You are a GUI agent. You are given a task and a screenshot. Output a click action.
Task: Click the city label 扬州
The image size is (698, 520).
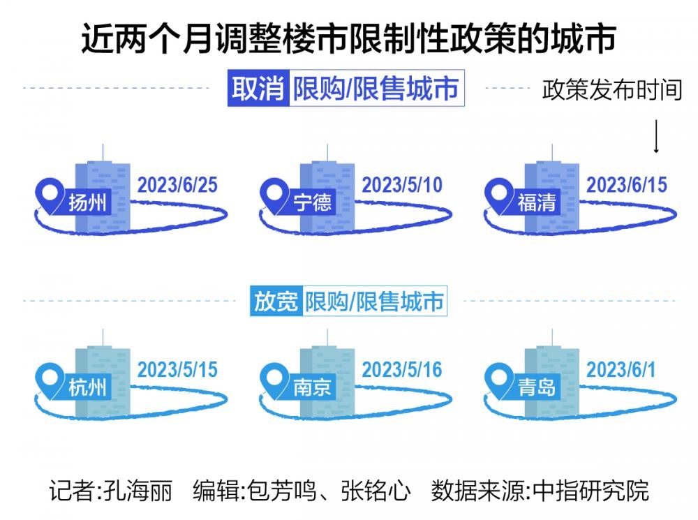tap(88, 202)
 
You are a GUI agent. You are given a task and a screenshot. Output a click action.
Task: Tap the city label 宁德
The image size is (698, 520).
tap(312, 202)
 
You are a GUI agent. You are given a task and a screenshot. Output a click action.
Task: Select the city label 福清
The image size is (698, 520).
tap(537, 202)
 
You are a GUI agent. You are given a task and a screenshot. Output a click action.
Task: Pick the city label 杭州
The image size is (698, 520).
tap(88, 387)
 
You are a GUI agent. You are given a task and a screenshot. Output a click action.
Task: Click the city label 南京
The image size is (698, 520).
tap(312, 387)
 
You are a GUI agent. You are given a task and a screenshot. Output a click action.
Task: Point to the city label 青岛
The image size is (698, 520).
tap(537, 387)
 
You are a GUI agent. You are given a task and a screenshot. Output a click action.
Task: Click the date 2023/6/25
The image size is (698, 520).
tap(177, 185)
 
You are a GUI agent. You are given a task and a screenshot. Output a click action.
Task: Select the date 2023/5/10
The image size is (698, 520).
tap(402, 185)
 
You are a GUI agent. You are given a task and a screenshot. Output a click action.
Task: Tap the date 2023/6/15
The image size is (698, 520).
tap(627, 185)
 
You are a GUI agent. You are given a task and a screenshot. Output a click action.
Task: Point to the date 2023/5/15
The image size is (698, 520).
tap(177, 369)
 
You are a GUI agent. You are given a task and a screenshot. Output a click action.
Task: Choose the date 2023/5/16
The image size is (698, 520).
tap(402, 369)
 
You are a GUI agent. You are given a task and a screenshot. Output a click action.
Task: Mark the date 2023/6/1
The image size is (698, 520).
tap(621, 369)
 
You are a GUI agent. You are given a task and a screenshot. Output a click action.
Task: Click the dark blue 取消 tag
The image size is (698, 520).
tap(258, 88)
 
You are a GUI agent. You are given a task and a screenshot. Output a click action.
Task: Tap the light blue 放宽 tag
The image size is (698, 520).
tap(276, 301)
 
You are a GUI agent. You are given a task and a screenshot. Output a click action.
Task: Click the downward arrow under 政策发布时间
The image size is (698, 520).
tap(656, 136)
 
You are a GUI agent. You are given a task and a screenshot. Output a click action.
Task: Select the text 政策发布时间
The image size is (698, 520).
tap(612, 89)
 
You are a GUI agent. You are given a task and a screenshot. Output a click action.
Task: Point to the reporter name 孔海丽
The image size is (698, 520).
tap(138, 491)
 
